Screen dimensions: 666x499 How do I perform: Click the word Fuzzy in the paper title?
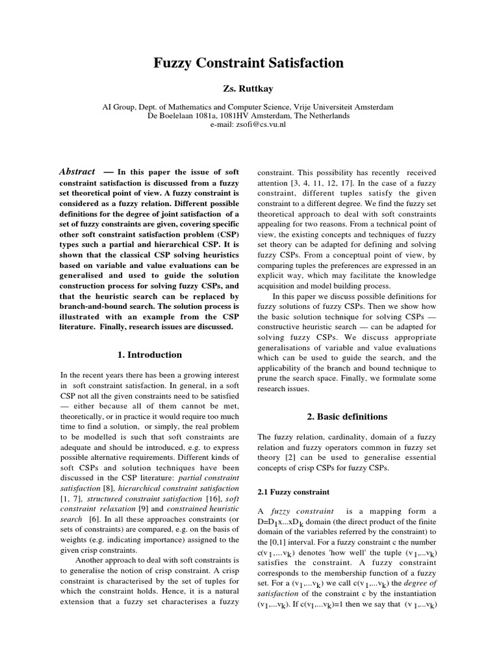[x=175, y=63]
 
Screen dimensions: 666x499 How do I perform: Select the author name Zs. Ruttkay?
[x=249, y=88]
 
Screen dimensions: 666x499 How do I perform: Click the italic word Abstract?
[x=77, y=171]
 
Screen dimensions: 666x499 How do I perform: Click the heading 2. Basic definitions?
[x=347, y=416]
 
